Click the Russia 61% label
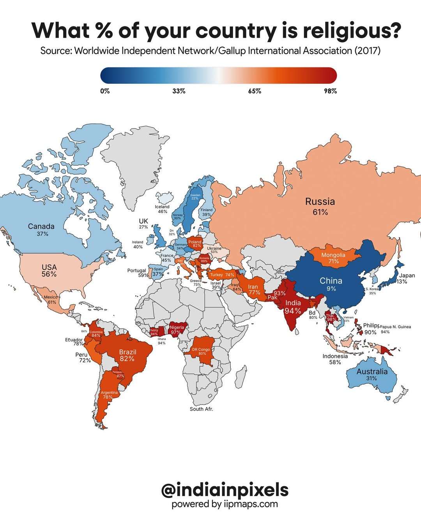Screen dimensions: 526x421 (320, 207)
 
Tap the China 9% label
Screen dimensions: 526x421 (331, 284)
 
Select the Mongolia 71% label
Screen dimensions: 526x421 (333, 258)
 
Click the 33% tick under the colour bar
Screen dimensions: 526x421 (179, 91)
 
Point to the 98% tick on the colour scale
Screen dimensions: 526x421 (330, 91)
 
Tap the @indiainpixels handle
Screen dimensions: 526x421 (225, 490)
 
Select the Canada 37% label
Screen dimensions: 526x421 (41, 230)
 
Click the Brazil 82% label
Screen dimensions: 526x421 (127, 355)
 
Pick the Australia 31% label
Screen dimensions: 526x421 (372, 374)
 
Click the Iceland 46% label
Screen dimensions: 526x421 (162, 209)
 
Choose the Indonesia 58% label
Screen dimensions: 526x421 (335, 359)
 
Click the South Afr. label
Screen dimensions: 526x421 (201, 409)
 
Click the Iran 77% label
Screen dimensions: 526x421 (254, 289)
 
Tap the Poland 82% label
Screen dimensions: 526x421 (195, 244)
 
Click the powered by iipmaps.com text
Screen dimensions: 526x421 (225, 504)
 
